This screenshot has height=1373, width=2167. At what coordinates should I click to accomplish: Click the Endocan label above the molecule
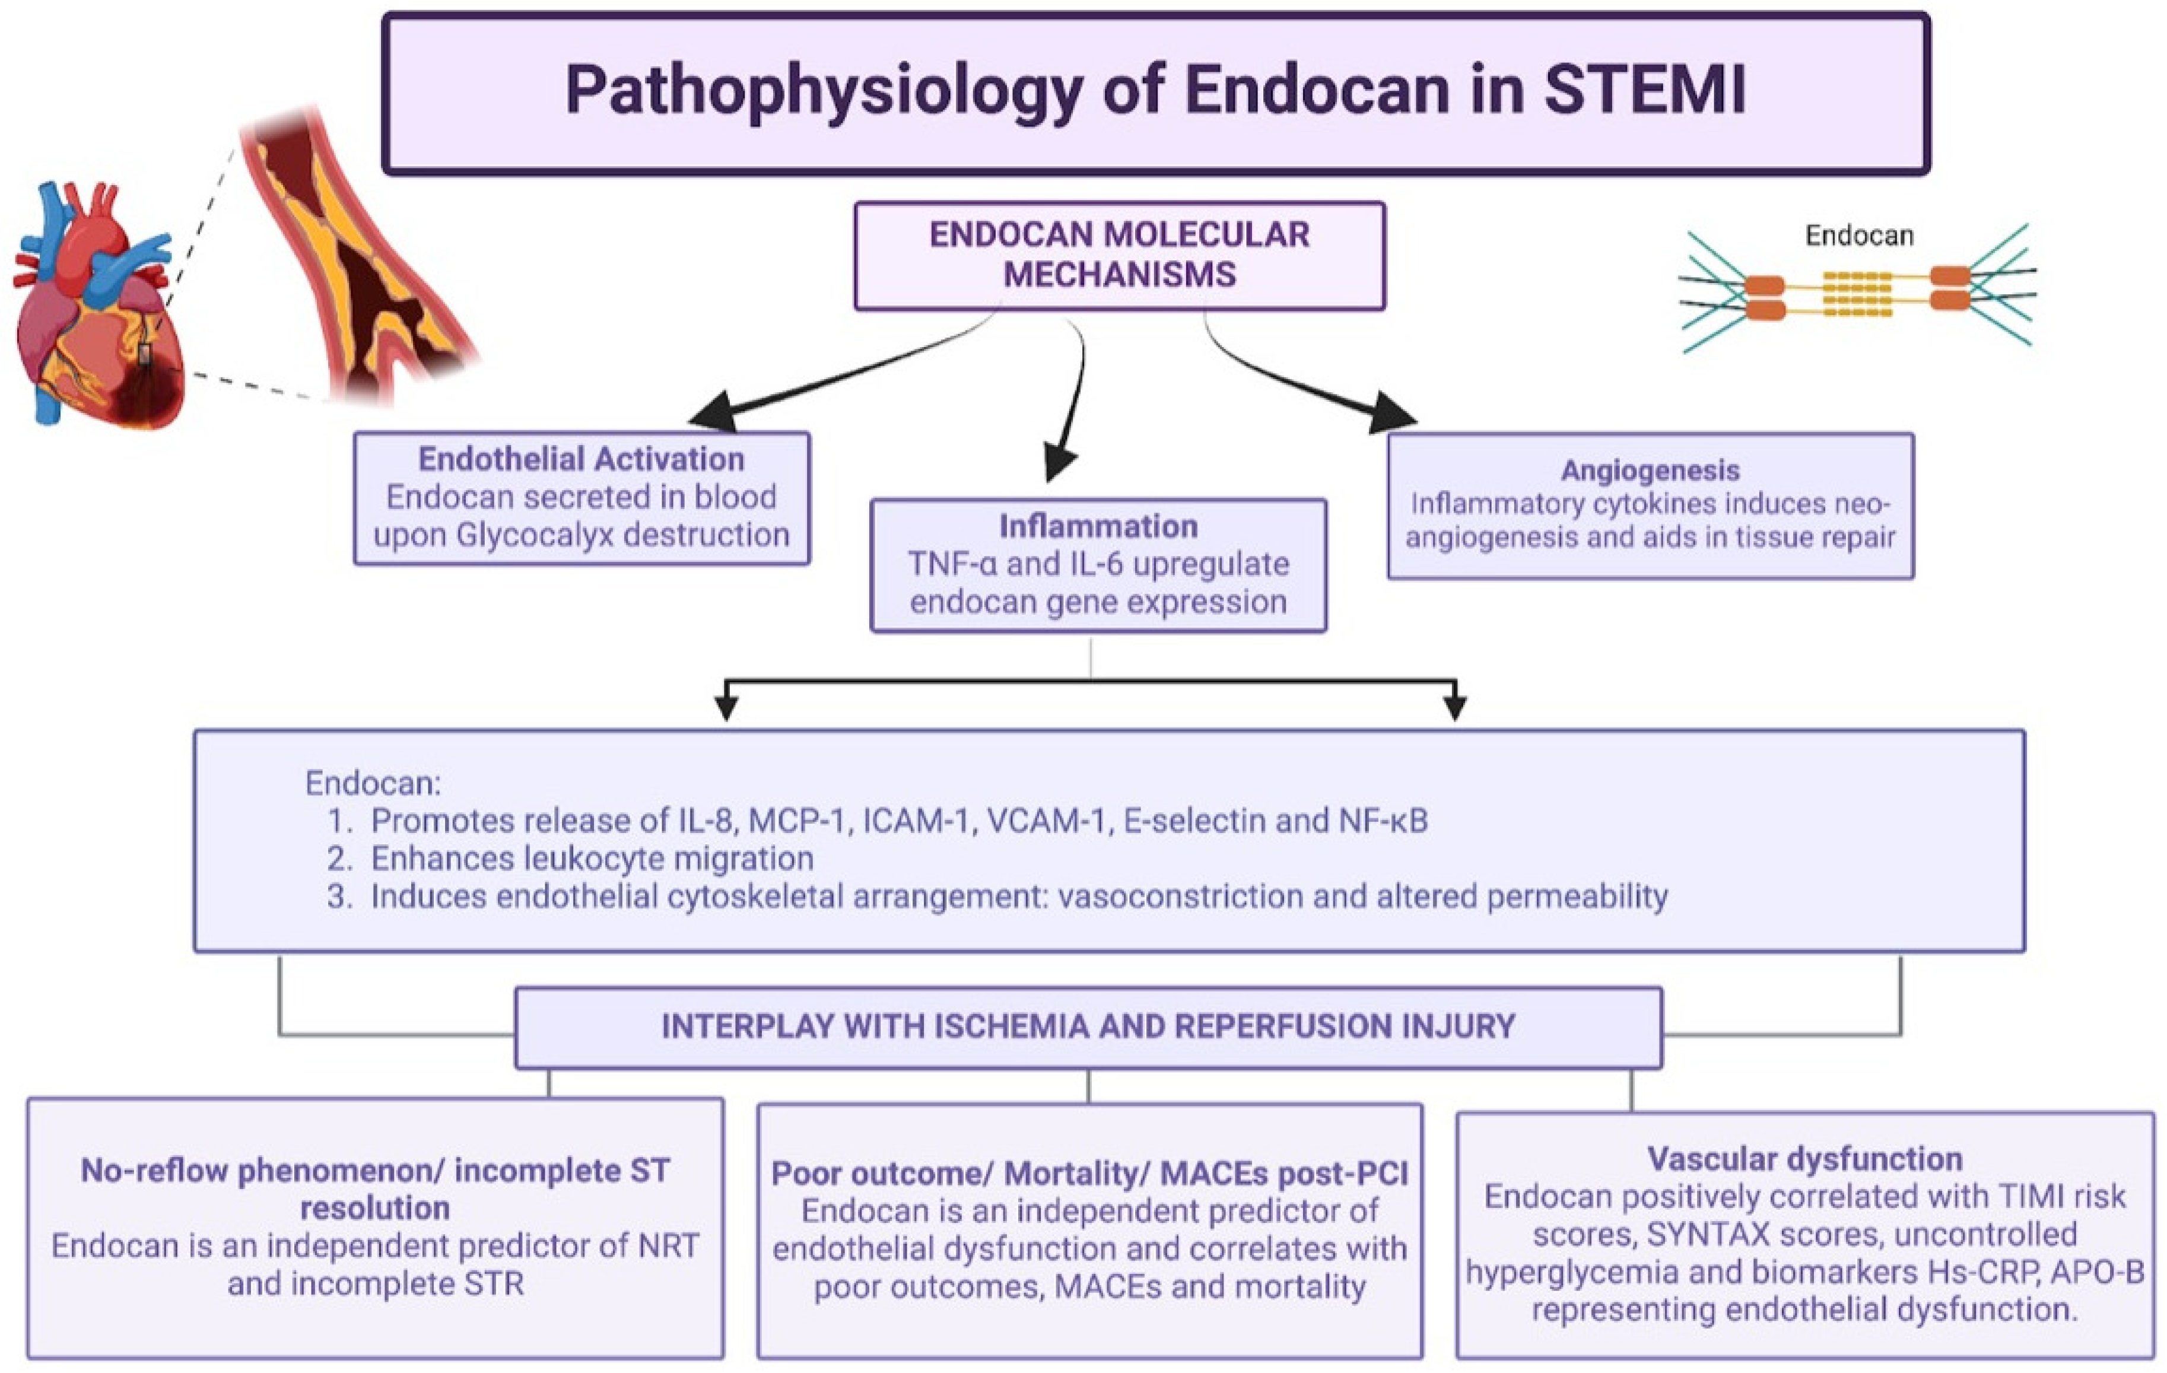tap(1858, 236)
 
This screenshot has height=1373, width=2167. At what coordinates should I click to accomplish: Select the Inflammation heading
tap(1098, 526)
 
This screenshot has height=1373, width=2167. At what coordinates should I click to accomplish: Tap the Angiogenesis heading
tap(1650, 470)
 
